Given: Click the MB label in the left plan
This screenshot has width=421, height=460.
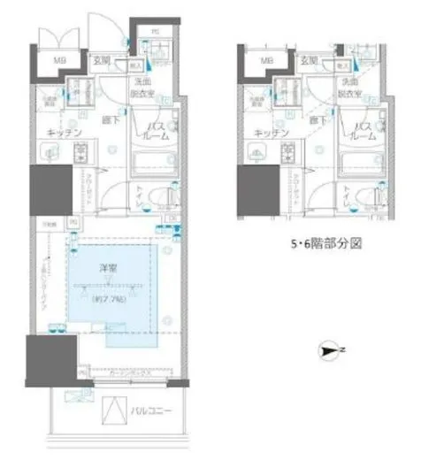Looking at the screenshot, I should click(60, 60).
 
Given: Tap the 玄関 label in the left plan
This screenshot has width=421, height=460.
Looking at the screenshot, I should click(102, 60).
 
